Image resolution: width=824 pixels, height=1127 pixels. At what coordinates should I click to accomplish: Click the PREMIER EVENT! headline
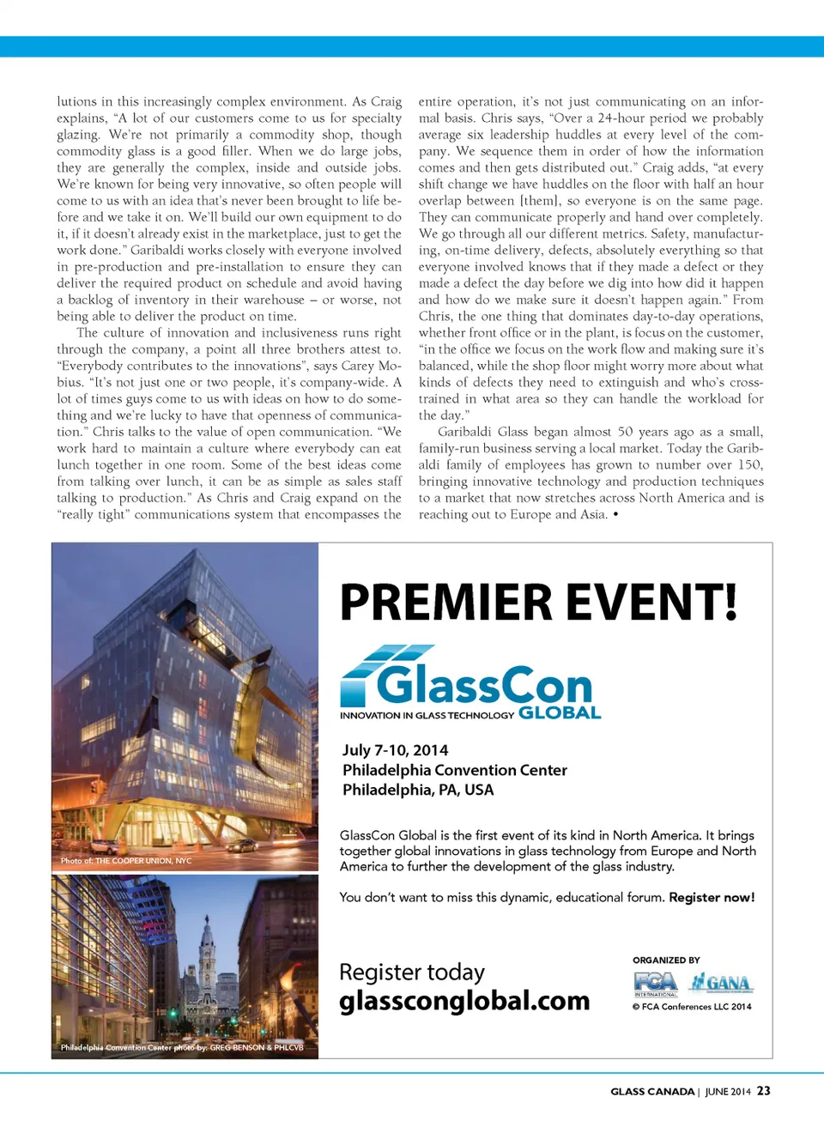(x=538, y=602)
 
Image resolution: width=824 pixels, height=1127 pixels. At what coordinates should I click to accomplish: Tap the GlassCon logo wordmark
(x=484, y=685)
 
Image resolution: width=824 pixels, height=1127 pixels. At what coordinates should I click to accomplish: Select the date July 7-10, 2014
(x=395, y=750)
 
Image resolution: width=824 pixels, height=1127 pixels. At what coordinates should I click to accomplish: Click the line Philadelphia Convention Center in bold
(x=454, y=770)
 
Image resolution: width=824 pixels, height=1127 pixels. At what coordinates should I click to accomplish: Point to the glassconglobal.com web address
(x=464, y=1001)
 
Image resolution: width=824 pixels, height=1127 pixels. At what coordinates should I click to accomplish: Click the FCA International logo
(x=656, y=984)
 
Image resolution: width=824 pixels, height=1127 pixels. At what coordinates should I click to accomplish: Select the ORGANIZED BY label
(x=666, y=960)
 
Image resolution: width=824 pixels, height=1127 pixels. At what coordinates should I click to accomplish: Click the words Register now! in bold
(x=712, y=897)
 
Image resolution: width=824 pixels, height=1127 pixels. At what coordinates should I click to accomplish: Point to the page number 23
(x=763, y=1091)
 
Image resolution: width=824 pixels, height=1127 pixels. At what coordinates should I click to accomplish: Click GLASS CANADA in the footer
(x=652, y=1092)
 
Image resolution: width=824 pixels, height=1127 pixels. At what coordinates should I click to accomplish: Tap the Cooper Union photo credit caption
(x=126, y=860)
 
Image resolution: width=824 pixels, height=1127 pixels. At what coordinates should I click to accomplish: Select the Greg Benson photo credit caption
(x=182, y=1047)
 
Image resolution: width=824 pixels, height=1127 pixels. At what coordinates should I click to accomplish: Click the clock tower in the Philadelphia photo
(x=207, y=953)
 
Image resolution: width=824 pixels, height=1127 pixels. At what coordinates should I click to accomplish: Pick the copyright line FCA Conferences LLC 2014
(x=692, y=1007)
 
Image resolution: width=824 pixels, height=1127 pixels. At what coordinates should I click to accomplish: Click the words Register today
(x=412, y=972)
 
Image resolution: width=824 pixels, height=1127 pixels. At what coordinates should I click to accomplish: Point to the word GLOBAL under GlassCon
(x=560, y=712)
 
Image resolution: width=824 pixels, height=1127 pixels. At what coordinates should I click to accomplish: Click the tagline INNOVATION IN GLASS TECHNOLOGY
(x=427, y=715)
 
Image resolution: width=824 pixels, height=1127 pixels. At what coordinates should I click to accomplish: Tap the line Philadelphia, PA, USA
(x=418, y=790)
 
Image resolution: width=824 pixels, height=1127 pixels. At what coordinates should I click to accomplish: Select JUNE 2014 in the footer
(x=728, y=1092)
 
